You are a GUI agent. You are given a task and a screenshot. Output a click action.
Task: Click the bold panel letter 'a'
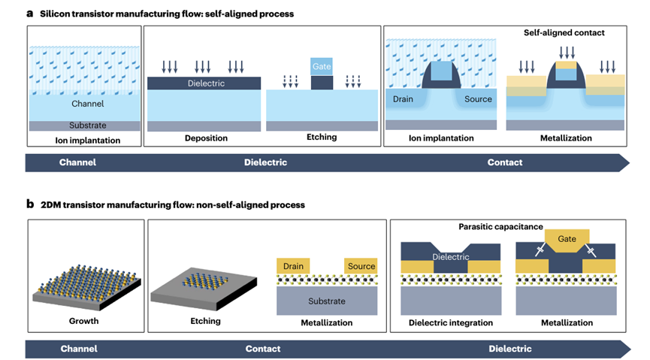click(30, 14)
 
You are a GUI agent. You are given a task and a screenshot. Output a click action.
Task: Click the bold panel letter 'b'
click(30, 204)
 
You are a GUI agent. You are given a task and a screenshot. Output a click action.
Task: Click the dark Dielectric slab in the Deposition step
click(204, 83)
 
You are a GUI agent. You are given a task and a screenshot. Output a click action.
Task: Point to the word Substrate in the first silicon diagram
click(84, 125)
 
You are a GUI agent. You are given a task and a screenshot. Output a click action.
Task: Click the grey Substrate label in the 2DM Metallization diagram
click(326, 301)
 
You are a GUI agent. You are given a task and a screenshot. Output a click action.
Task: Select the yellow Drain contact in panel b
click(294, 266)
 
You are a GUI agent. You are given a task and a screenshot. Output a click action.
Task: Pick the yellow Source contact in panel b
click(361, 266)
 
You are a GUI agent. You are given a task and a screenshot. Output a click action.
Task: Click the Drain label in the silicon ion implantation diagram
click(406, 98)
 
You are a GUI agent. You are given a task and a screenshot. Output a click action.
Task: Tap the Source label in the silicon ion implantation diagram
click(478, 98)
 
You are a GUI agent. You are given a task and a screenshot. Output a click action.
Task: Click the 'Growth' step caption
click(84, 322)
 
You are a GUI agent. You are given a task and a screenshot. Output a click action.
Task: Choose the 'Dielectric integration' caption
click(451, 322)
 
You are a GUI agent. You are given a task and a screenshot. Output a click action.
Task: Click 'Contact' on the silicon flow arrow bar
click(505, 162)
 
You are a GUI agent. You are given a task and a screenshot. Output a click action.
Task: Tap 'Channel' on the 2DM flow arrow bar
click(78, 349)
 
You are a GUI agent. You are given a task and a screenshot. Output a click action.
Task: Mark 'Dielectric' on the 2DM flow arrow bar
click(509, 349)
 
